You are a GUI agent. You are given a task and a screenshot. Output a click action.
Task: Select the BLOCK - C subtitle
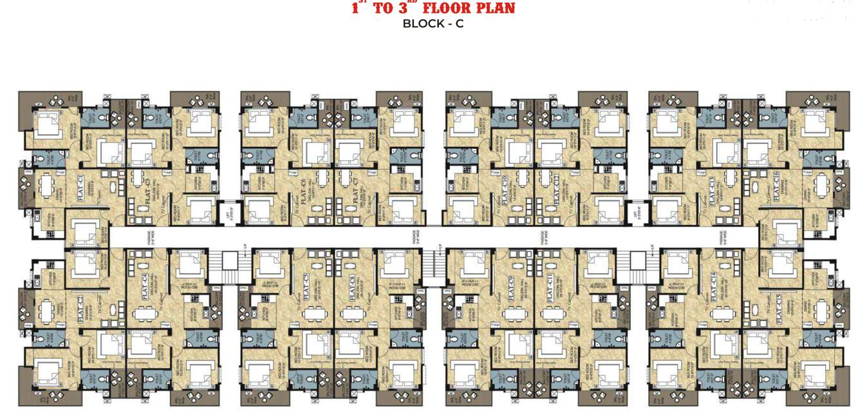pos(433,24)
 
